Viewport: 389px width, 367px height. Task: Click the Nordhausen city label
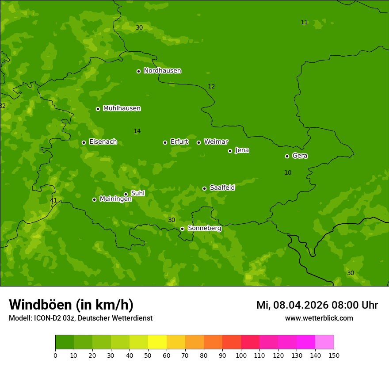pos(162,71)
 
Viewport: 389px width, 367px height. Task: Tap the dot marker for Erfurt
pos(165,142)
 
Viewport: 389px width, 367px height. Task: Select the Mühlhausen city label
pos(122,108)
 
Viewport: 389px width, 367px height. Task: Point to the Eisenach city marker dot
pos(84,142)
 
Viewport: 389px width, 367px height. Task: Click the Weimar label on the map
pos(216,142)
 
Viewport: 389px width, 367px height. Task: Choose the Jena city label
pos(242,150)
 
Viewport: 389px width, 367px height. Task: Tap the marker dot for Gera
pos(287,156)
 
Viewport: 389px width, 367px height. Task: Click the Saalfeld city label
pos(222,188)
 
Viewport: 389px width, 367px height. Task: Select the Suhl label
pos(137,193)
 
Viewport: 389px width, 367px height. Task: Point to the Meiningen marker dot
pos(94,199)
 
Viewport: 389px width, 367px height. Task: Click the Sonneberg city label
pos(204,228)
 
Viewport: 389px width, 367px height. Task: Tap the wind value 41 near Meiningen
pos(53,201)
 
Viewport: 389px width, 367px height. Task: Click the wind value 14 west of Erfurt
pos(137,131)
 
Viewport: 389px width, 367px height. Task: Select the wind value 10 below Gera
pos(288,173)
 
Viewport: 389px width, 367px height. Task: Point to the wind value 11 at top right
pos(304,23)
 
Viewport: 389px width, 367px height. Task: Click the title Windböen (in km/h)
pos(71,305)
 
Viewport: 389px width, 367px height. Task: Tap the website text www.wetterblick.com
pos(319,318)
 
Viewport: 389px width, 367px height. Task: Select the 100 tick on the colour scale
pos(241,355)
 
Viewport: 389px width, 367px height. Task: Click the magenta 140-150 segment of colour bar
pos(324,342)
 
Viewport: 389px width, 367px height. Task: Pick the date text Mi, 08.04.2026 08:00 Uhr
pos(317,305)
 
